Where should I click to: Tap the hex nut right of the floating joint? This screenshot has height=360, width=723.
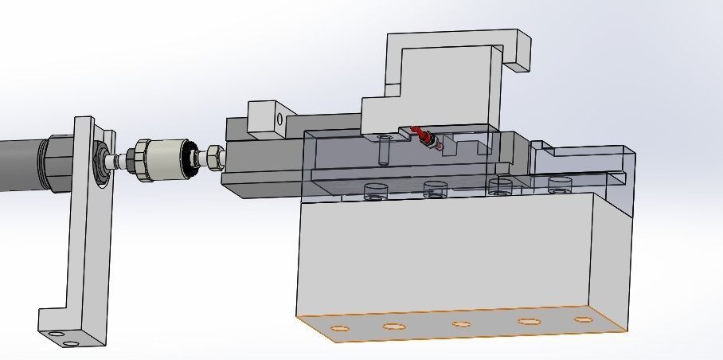(x=213, y=157)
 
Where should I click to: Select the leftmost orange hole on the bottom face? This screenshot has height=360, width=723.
(x=338, y=330)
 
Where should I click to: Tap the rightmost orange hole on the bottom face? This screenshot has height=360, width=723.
(x=584, y=319)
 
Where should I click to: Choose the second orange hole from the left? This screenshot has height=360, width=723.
(x=393, y=327)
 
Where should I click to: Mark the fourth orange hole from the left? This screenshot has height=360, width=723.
(x=527, y=322)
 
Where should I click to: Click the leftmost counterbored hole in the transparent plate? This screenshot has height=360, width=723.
(x=374, y=190)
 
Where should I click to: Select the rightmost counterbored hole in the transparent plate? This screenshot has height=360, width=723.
(x=560, y=185)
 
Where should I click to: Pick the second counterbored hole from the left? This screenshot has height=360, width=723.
(x=435, y=189)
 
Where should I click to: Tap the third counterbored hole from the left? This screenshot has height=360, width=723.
(x=499, y=186)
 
